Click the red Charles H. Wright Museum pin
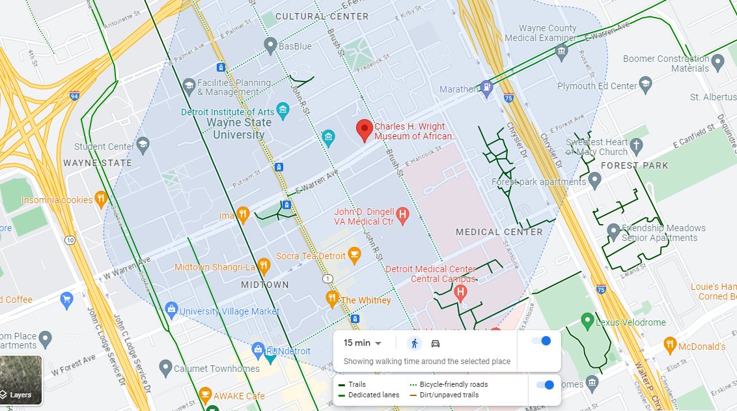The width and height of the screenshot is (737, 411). (x=365, y=130)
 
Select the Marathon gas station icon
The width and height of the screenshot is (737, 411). (x=486, y=87)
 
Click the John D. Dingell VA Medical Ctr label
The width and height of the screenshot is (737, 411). (x=364, y=217)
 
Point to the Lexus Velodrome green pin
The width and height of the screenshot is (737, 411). (x=587, y=320)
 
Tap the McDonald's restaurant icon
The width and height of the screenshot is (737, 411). (x=670, y=345)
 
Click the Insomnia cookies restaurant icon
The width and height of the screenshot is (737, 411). (x=101, y=199)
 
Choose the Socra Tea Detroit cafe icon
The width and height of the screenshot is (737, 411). (x=354, y=255)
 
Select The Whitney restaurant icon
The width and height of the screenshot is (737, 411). (x=332, y=300)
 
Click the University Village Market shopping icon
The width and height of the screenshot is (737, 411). (x=171, y=309)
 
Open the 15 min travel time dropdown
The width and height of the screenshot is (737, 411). (x=363, y=343)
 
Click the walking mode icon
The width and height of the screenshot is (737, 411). (x=415, y=343)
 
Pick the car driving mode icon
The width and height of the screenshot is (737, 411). (x=436, y=343)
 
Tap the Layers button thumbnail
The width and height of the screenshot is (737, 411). (x=21, y=380)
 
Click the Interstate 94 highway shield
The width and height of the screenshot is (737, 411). (x=74, y=96)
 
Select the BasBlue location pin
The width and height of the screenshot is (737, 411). (x=271, y=45)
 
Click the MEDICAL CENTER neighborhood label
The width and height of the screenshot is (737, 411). (x=499, y=232)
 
